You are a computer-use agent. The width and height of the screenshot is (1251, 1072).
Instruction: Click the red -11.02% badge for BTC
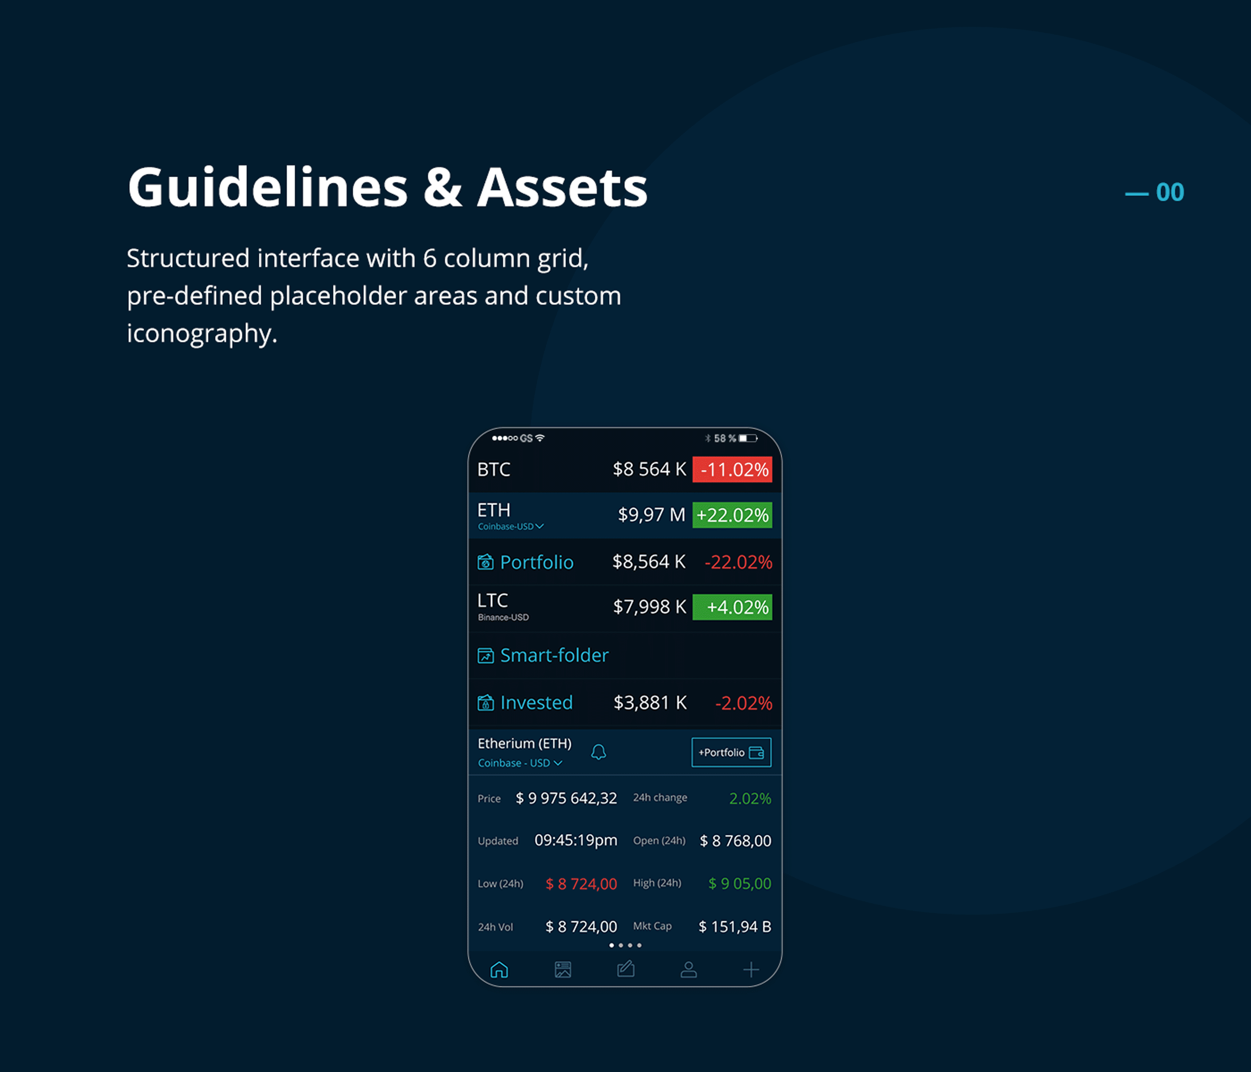tap(732, 469)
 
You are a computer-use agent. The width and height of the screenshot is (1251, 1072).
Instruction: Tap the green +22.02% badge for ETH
tap(732, 515)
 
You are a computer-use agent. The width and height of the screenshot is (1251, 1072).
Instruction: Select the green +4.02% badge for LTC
tap(732, 607)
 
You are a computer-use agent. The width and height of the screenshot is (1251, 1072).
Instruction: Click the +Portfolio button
tap(731, 752)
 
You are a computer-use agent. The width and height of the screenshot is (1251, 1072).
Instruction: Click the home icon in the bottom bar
tap(500, 969)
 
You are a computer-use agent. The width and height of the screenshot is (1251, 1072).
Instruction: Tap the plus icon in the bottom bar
tap(751, 969)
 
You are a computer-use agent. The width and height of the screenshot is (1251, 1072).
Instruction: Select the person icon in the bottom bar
tap(689, 969)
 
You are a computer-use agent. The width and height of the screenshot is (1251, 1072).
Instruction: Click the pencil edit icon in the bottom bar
tap(625, 969)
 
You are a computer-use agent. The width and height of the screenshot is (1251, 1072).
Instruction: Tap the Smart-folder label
tap(554, 655)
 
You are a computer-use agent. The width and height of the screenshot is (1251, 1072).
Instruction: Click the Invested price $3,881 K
tap(650, 703)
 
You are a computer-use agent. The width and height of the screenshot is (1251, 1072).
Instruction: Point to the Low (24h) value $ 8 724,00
tap(581, 884)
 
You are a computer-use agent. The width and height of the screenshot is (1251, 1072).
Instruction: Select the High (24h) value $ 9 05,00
tap(739, 883)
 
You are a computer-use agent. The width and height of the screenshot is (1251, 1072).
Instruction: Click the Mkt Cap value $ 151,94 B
tap(735, 926)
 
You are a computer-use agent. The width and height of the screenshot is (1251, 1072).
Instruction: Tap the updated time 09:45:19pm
tap(576, 840)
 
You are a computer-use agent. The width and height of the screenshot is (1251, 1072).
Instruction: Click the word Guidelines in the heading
tap(268, 187)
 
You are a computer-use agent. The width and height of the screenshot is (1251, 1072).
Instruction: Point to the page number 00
tap(1170, 193)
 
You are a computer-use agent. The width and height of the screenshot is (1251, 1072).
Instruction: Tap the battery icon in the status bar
tap(748, 438)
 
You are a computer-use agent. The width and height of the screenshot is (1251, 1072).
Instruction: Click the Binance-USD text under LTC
tap(503, 617)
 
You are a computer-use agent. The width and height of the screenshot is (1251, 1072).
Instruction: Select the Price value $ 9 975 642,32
tap(567, 798)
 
